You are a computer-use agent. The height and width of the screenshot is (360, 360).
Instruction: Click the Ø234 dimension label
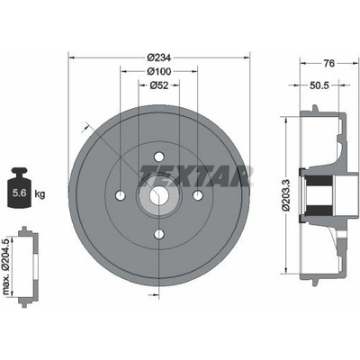(159, 58)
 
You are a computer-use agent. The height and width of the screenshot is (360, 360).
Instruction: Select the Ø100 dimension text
(159, 71)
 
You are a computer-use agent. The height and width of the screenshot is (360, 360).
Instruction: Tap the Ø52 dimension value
(158, 85)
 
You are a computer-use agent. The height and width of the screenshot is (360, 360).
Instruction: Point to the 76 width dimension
(329, 63)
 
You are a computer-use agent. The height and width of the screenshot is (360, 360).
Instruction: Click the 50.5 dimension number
(319, 85)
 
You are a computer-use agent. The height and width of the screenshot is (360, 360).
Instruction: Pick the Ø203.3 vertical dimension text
(286, 195)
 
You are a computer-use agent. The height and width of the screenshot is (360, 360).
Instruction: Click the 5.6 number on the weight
(19, 193)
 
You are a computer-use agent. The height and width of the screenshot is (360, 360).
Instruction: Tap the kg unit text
(40, 193)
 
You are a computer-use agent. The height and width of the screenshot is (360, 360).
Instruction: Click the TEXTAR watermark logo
(195, 175)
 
